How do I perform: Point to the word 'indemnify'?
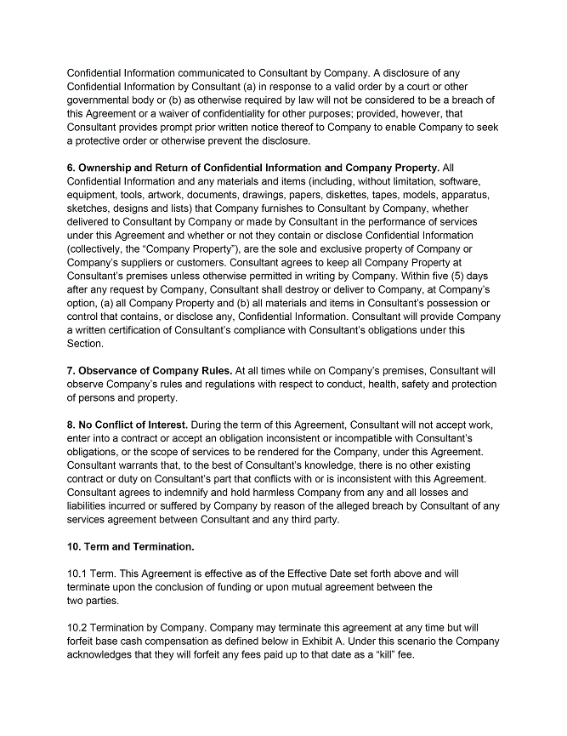(181, 493)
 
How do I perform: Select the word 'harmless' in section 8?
(253, 493)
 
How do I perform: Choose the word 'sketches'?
(90, 208)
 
